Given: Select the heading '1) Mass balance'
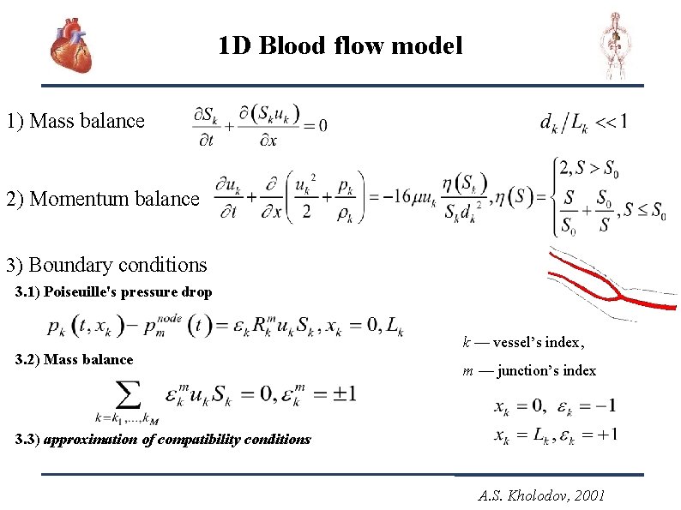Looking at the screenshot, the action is (75, 121).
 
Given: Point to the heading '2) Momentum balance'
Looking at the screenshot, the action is (102, 199).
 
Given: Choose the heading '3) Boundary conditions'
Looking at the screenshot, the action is (106, 265).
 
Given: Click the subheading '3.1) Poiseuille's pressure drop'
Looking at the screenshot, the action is (114, 292).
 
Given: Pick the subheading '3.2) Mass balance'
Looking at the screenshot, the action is (75, 360).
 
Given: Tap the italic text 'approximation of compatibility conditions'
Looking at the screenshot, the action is (177, 440).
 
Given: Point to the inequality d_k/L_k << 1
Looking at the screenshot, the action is (583, 123).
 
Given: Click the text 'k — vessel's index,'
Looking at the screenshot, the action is (523, 343).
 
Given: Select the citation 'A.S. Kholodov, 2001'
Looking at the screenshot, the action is (544, 495).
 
